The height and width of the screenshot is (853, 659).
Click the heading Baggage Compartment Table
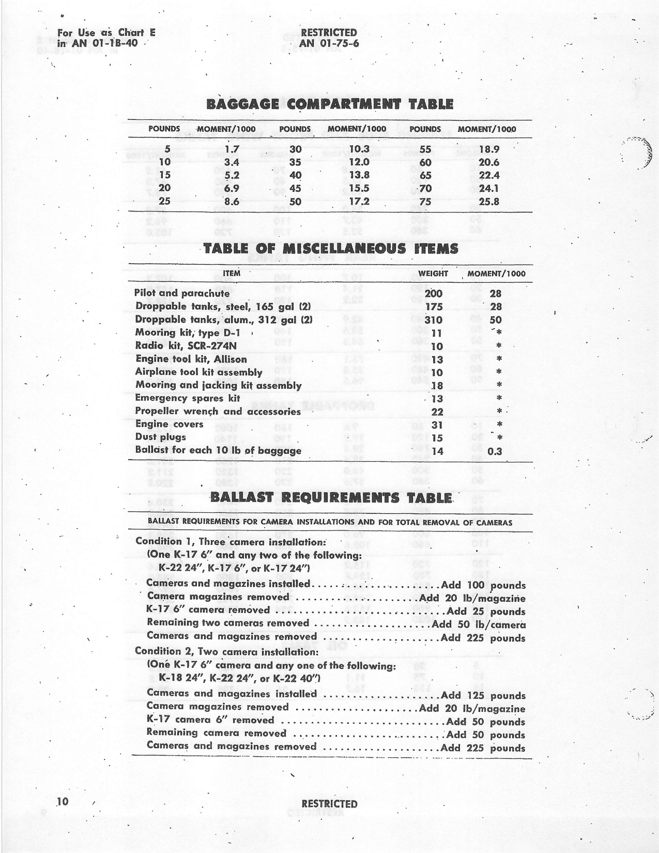tap(330, 104)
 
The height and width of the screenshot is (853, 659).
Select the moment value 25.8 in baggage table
tap(488, 202)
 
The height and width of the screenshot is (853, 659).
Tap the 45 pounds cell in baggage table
tap(295, 189)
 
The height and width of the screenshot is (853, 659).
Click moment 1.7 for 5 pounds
tap(232, 149)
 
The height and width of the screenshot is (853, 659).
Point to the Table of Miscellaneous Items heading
tap(331, 249)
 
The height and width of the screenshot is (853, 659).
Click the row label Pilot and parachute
tap(181, 293)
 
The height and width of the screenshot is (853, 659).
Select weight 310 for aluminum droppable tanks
tap(433, 320)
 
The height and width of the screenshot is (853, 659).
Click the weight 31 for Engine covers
tap(437, 425)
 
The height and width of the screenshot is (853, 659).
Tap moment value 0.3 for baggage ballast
tap(495, 451)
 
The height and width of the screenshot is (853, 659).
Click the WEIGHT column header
tap(433, 273)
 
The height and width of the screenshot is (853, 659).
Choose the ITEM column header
tap(231, 273)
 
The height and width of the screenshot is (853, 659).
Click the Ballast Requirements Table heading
tap(331, 498)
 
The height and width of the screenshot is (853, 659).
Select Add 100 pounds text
tap(483, 586)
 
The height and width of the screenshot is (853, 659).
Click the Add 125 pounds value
tap(483, 696)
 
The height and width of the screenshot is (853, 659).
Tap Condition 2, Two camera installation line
tap(226, 651)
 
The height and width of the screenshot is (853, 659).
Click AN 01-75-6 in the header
tap(329, 43)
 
